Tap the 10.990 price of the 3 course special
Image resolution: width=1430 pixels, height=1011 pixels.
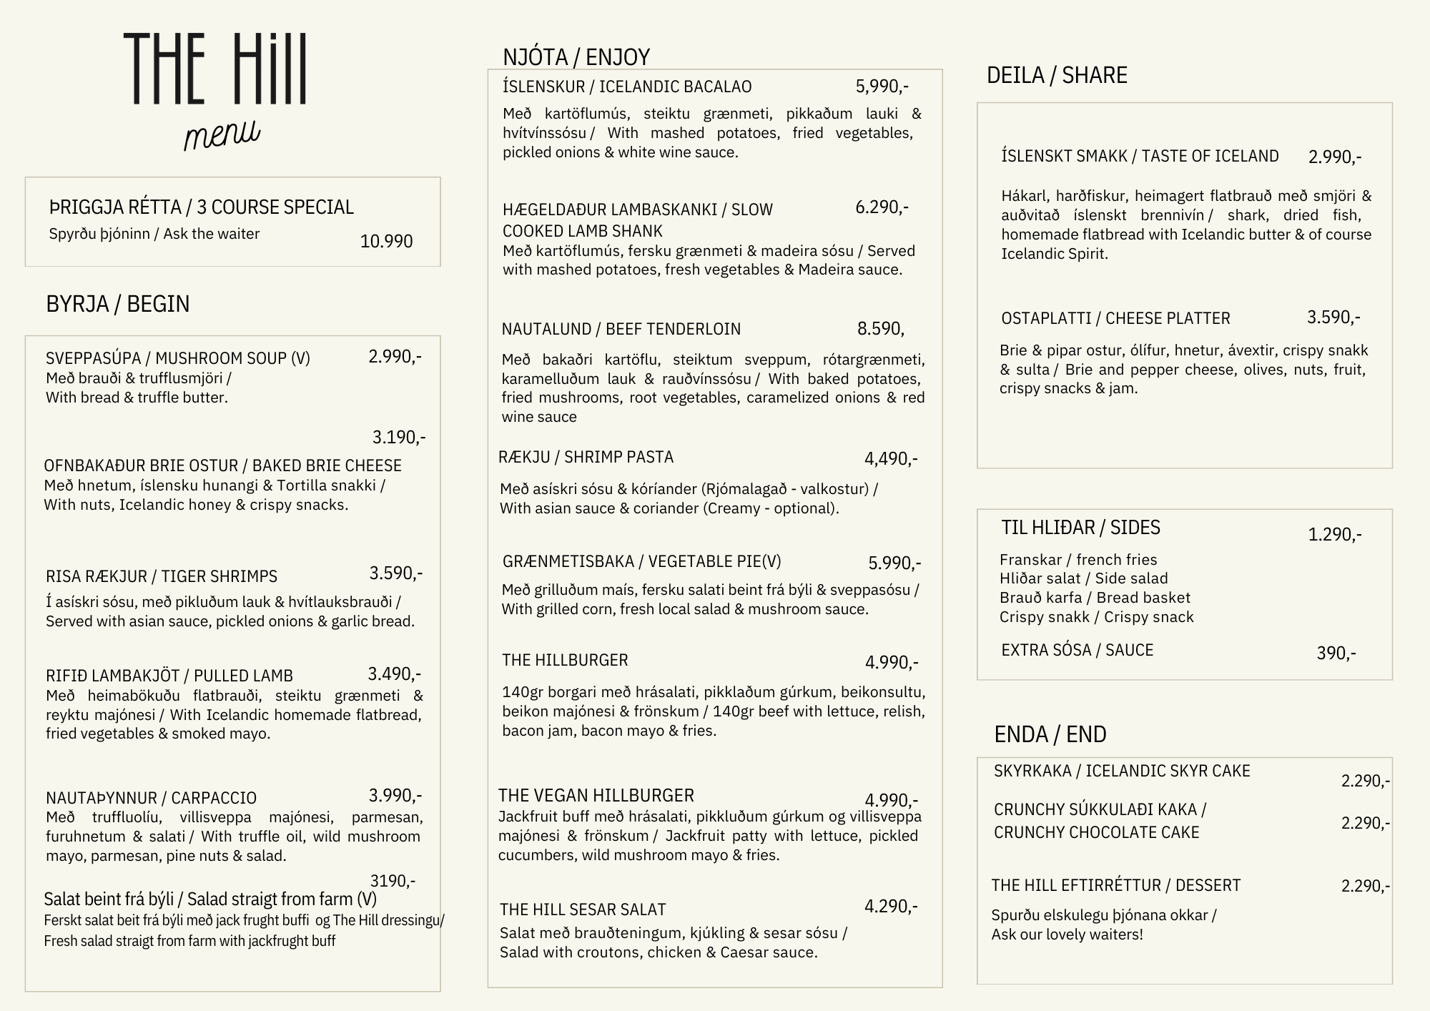pyautogui.click(x=386, y=242)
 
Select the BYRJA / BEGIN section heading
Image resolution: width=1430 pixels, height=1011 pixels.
pyautogui.click(x=118, y=304)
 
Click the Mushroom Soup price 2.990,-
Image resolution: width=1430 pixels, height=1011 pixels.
pyautogui.click(x=395, y=356)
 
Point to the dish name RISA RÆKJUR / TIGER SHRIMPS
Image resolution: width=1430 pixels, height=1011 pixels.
pyautogui.click(x=162, y=576)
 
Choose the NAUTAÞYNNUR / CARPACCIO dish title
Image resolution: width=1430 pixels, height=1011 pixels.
pyautogui.click(x=151, y=798)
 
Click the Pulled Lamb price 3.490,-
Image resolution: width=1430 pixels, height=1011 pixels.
pyautogui.click(x=394, y=674)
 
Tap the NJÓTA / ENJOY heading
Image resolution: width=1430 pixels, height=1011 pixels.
pyautogui.click(x=576, y=57)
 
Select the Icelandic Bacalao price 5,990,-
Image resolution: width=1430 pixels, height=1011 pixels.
pyautogui.click(x=882, y=87)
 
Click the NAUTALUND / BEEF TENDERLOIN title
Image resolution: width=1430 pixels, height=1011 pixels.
pyautogui.click(x=621, y=329)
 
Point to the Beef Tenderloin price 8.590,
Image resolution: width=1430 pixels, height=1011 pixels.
pyautogui.click(x=880, y=329)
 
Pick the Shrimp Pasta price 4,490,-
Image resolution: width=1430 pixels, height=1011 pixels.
pyautogui.click(x=891, y=458)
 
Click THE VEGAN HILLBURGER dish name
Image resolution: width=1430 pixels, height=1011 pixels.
pyautogui.click(x=596, y=796)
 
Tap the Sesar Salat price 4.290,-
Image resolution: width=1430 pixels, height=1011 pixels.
pyautogui.click(x=891, y=907)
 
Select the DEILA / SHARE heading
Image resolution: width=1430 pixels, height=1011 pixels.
pyautogui.click(x=1057, y=75)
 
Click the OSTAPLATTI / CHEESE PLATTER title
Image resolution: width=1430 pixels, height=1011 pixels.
pyautogui.click(x=1115, y=318)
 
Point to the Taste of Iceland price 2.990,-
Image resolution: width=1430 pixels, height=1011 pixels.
pyautogui.click(x=1334, y=157)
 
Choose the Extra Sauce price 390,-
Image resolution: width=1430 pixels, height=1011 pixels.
pyautogui.click(x=1336, y=653)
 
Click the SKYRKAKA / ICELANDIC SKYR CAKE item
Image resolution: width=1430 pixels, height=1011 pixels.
pyautogui.click(x=1122, y=771)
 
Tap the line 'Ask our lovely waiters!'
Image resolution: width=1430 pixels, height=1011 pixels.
pyautogui.click(x=1067, y=934)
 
